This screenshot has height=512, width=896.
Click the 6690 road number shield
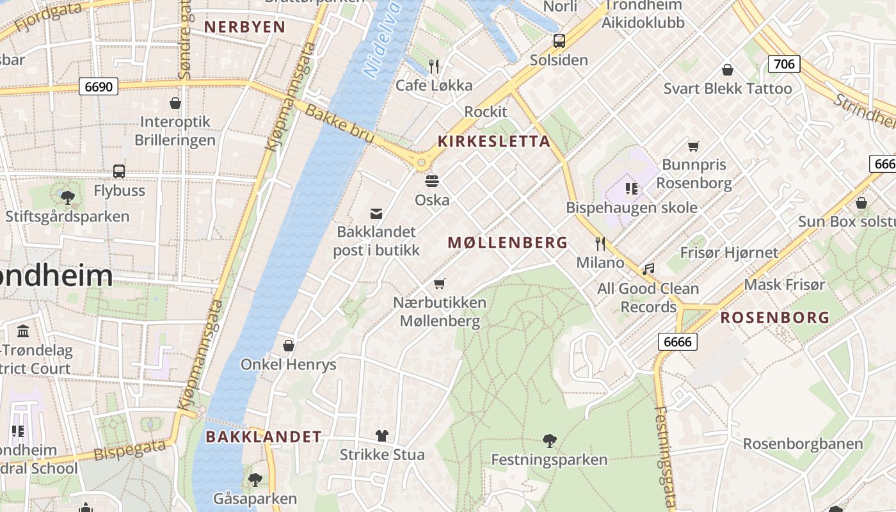[99, 86]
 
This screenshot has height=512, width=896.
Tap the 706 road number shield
[784, 63]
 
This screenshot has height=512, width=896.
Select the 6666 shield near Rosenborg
[678, 342]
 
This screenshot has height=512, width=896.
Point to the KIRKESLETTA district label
[493, 141]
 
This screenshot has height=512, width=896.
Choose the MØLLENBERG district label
[508, 243]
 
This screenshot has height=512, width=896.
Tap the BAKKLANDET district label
[264, 437]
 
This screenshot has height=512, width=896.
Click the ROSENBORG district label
[775, 317]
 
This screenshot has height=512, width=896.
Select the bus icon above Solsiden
[559, 41]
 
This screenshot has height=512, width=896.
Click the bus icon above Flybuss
[119, 172]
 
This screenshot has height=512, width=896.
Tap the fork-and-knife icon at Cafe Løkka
[434, 65]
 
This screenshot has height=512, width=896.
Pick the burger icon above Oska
[432, 180]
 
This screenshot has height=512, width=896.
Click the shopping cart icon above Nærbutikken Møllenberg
[439, 283]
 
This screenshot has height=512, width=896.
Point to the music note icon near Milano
[649, 269]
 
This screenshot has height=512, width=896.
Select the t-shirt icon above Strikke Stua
[382, 436]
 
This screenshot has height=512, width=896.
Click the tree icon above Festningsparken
[549, 440]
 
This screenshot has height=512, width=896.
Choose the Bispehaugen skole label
[632, 208]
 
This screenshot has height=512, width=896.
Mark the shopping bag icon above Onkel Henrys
[289, 346]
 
